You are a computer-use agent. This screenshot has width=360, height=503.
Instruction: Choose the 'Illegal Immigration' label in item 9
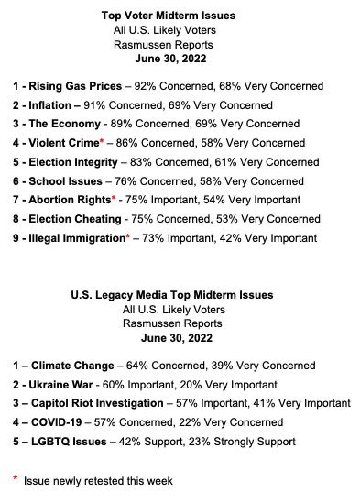tap(76, 238)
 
